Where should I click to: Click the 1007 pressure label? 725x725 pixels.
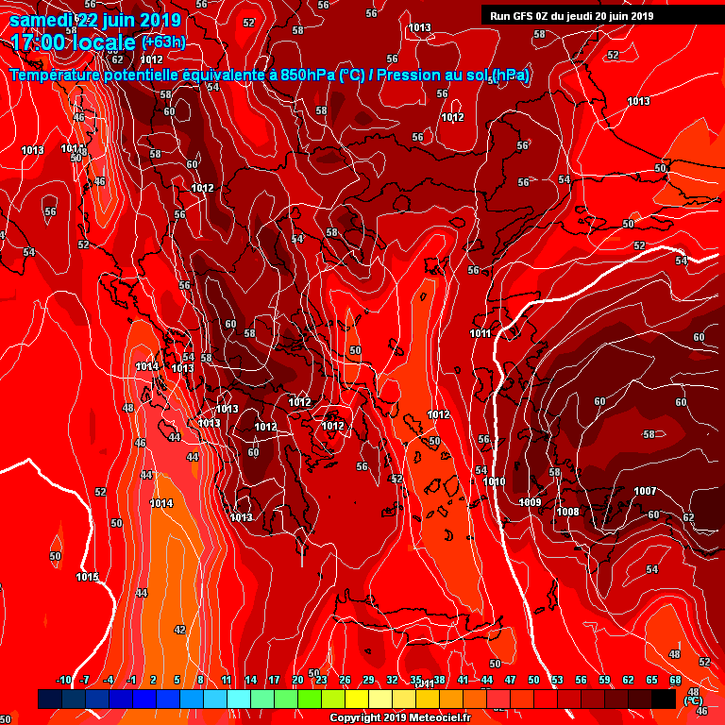(x=645, y=491)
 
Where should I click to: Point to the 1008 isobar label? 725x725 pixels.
(x=567, y=512)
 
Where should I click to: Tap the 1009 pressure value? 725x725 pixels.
(x=530, y=502)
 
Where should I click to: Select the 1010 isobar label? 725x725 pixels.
(x=494, y=481)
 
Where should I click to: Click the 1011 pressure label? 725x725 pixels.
(x=480, y=333)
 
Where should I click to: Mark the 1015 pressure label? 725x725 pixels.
(x=87, y=577)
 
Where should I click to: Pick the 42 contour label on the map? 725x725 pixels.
(x=179, y=629)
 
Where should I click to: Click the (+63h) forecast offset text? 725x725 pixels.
(x=163, y=42)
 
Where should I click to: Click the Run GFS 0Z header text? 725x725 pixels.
(x=530, y=15)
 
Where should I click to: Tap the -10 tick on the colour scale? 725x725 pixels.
(x=64, y=680)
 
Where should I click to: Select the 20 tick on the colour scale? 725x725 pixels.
(x=297, y=680)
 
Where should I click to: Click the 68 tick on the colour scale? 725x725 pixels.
(x=675, y=680)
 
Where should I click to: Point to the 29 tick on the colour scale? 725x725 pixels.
(x=368, y=680)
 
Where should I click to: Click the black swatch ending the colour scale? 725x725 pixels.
(x=664, y=699)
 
